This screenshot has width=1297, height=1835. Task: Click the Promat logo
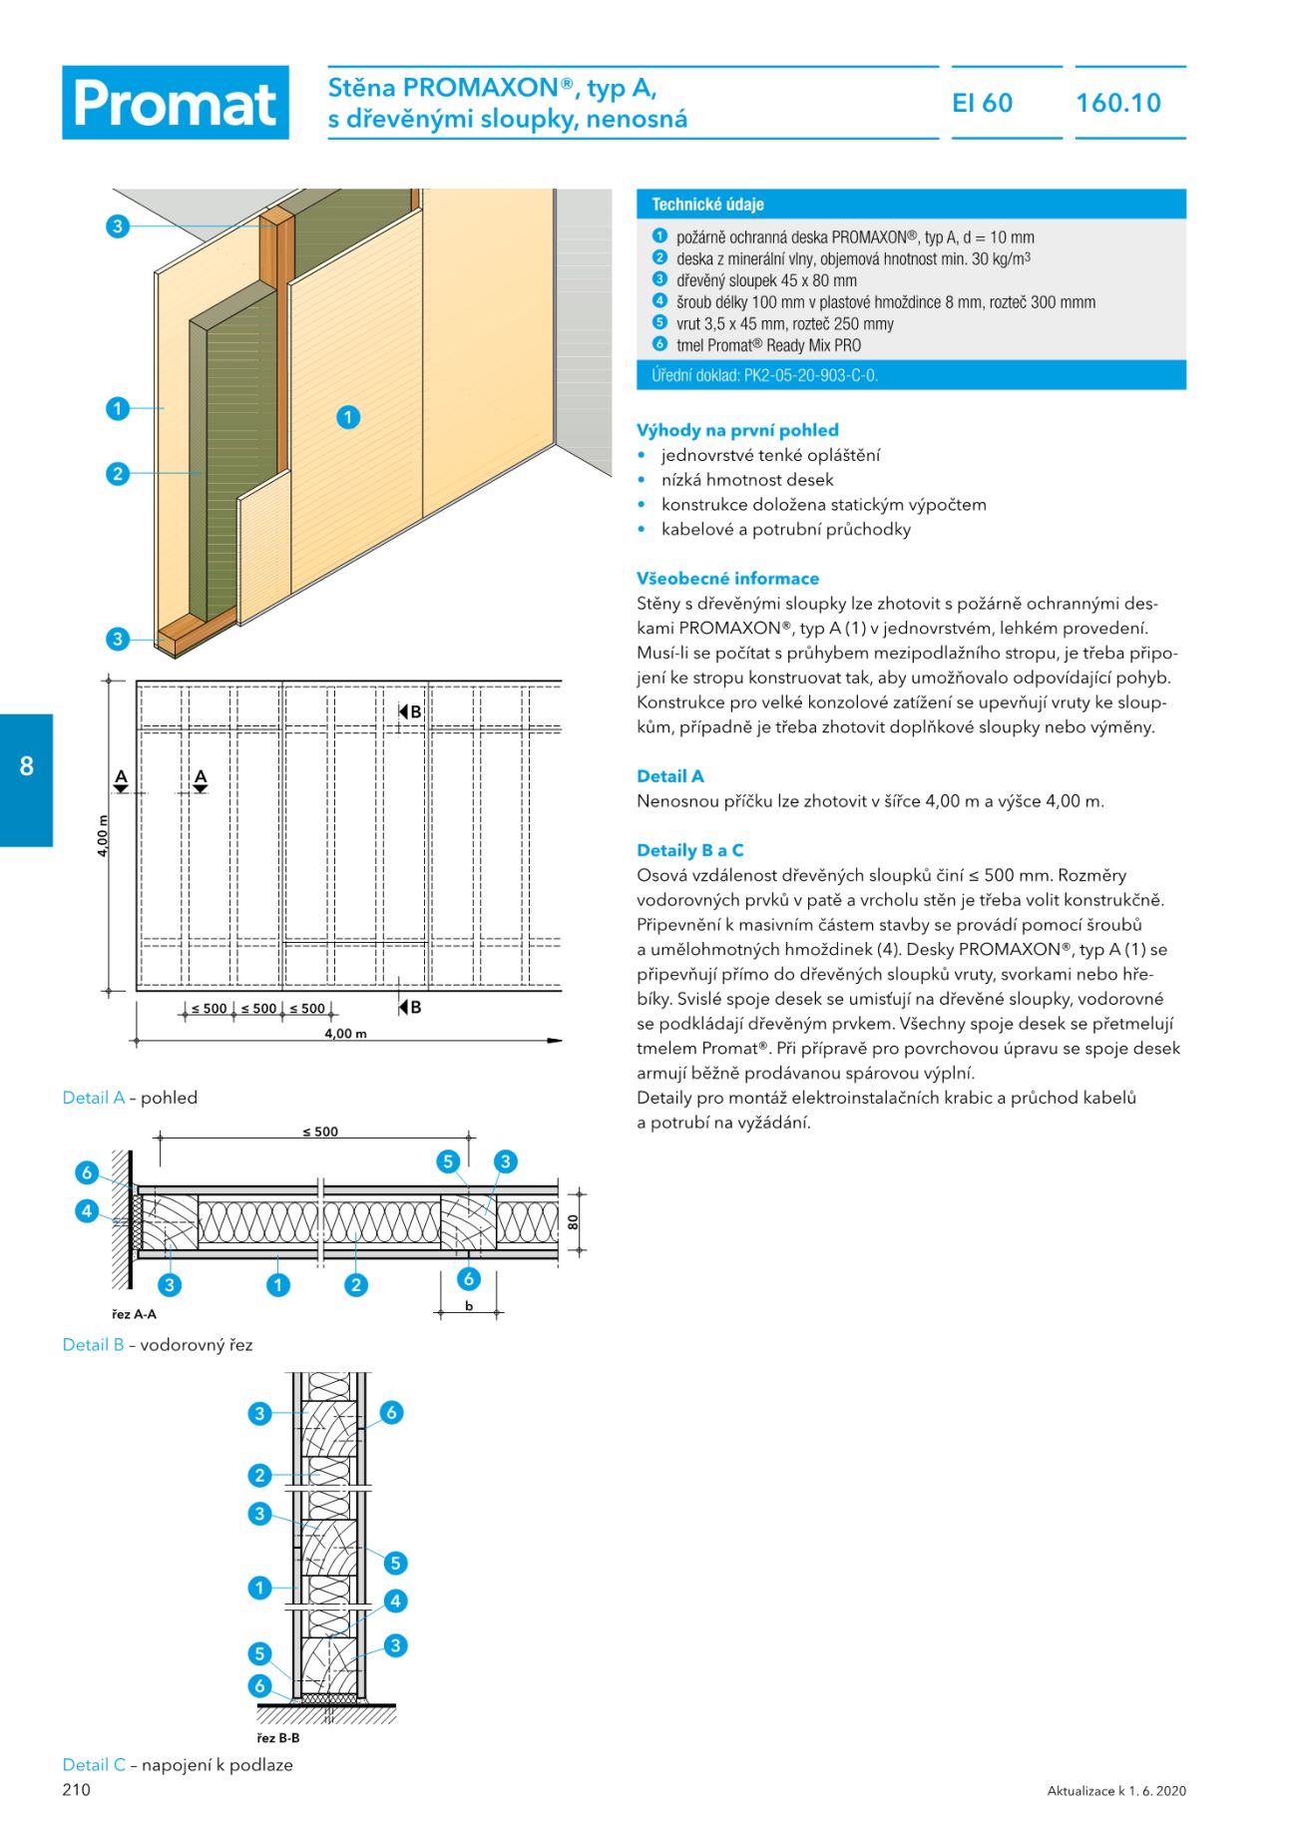(176, 103)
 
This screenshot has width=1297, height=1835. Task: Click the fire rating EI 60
(982, 103)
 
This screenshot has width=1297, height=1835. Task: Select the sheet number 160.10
(1118, 103)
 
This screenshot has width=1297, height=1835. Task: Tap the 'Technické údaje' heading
(707, 205)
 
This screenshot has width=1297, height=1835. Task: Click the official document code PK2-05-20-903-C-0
(764, 375)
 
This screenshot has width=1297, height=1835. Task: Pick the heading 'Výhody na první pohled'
(737, 430)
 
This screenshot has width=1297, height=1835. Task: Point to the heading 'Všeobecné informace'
(727, 579)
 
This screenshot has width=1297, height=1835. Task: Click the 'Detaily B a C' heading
(689, 850)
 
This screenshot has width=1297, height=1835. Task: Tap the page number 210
(76, 1789)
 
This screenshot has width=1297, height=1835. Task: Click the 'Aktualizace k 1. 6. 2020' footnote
(1116, 1791)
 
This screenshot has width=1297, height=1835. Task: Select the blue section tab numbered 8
(26, 766)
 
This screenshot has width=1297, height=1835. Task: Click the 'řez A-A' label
(134, 1314)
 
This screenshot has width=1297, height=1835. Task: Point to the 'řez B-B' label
(277, 1738)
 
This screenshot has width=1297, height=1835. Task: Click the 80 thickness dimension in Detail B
(574, 1221)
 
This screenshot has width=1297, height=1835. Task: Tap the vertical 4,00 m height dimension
(103, 836)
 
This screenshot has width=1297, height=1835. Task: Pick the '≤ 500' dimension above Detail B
(320, 1132)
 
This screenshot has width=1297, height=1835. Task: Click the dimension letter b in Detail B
(469, 1306)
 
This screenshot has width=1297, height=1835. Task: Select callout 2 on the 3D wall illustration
(118, 473)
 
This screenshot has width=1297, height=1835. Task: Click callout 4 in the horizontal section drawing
(87, 1210)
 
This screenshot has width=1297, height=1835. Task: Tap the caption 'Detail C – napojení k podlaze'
(178, 1764)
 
